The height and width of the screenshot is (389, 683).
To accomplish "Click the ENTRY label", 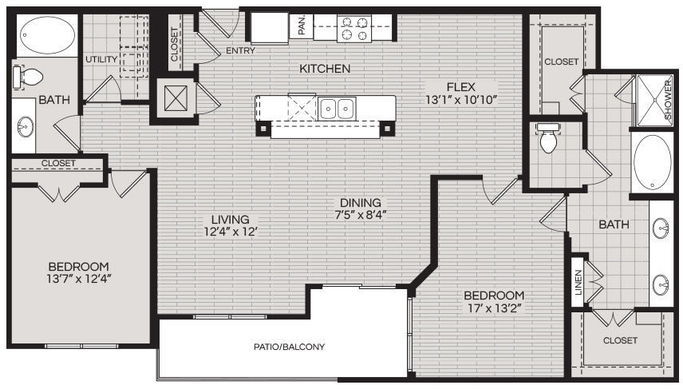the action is [x=240, y=50].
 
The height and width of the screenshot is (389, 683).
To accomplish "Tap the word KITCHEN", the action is [x=325, y=69].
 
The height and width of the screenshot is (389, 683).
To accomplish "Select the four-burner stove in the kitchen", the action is [x=353, y=28].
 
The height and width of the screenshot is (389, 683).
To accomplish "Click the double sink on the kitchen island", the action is [x=337, y=108].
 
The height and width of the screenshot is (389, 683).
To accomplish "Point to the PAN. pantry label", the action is [x=302, y=25].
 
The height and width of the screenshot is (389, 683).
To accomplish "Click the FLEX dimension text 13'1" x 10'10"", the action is [x=461, y=100].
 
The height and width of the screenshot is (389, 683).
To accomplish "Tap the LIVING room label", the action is [x=231, y=220].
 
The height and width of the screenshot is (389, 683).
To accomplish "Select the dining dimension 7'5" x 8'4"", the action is [x=360, y=215].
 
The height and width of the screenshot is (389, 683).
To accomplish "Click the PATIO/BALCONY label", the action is [x=289, y=347].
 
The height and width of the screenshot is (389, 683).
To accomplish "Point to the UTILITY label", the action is [x=101, y=59].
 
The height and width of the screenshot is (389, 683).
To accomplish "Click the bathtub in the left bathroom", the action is [x=47, y=35].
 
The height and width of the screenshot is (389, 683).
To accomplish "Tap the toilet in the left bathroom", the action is [x=27, y=77].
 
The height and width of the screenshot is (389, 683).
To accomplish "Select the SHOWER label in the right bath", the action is [x=668, y=101].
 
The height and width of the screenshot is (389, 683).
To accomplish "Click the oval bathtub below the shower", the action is [x=652, y=162].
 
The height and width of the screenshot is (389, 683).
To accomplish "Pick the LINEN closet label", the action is [x=578, y=283].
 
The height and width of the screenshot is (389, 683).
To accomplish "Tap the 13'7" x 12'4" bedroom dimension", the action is [x=79, y=279].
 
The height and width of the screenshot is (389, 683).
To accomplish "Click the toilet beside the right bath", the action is [x=548, y=138].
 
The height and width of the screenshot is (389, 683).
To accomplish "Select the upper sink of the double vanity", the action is [x=662, y=228].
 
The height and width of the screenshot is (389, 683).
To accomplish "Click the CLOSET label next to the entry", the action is [x=174, y=45].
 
